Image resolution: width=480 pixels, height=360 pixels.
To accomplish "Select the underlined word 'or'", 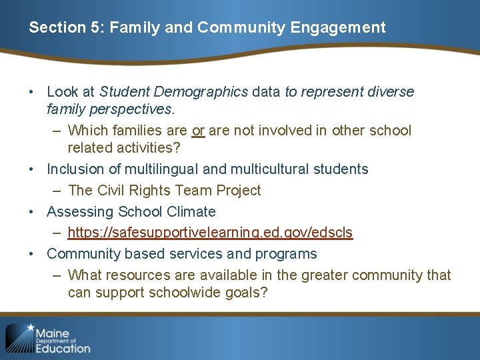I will point(198,130).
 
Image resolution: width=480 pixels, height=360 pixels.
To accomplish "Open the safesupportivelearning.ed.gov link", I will point(210,233).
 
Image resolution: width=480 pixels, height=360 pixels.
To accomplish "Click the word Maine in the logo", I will point(53,333).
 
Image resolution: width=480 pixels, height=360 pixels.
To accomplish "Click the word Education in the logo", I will point(63,347).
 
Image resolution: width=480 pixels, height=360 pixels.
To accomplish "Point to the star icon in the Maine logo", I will point(30,329).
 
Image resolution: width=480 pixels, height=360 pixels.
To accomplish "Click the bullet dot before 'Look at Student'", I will point(32,91).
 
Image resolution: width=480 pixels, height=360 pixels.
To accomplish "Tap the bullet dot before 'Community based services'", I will point(32,254).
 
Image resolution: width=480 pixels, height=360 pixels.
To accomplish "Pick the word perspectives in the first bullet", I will point(134,107).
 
